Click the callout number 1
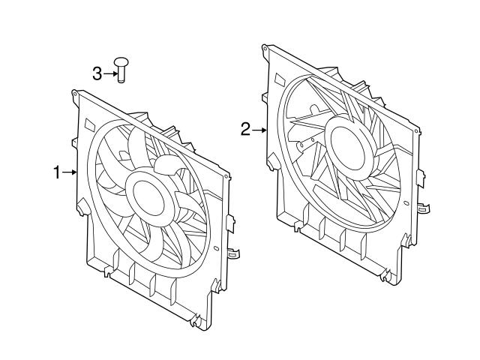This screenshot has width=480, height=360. (x=57, y=173)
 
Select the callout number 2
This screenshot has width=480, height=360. (x=245, y=130)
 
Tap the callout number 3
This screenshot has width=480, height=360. (x=97, y=73)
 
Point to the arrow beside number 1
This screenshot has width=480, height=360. (x=71, y=173)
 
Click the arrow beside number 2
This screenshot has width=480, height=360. (x=259, y=130)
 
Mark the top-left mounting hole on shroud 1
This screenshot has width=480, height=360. (x=76, y=94)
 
